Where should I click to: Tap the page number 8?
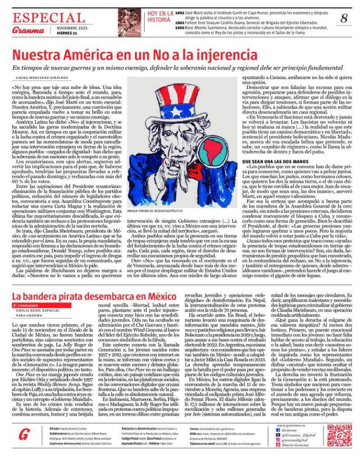[x=344, y=19]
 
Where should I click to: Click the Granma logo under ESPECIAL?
[x=29, y=30]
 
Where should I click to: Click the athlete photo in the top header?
[x=129, y=22]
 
